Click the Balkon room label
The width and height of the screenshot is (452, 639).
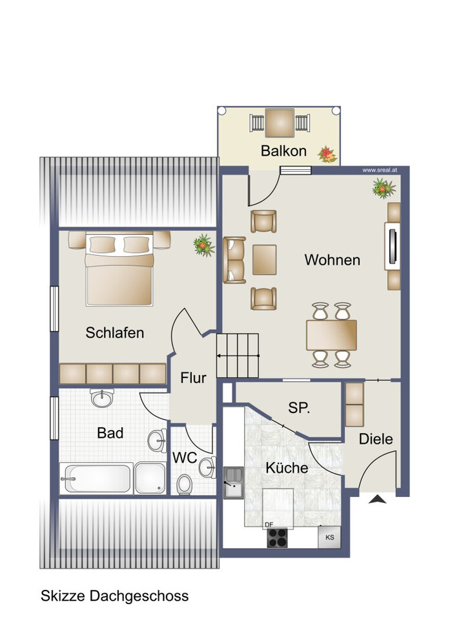(283, 151)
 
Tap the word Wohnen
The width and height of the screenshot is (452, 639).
(332, 260)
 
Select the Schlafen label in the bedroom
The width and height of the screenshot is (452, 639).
(114, 332)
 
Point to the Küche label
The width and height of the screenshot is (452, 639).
(287, 467)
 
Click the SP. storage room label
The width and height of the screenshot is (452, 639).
(299, 407)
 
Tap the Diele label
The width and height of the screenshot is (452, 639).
(375, 439)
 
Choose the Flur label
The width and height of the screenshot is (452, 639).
(193, 378)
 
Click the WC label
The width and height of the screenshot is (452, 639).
(184, 458)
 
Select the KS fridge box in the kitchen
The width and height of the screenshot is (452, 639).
(329, 537)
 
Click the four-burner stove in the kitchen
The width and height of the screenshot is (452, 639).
(277, 538)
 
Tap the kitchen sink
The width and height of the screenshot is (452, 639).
(234, 483)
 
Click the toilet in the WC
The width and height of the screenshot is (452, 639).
(184, 485)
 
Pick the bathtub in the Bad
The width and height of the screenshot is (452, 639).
(97, 478)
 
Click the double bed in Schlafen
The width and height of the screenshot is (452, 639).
(119, 269)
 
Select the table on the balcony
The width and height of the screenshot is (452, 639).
(280, 123)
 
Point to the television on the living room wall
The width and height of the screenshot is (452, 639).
(393, 246)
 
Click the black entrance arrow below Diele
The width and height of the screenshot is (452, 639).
(377, 499)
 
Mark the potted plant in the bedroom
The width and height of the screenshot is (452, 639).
(203, 245)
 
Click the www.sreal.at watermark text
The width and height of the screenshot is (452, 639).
(380, 170)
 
